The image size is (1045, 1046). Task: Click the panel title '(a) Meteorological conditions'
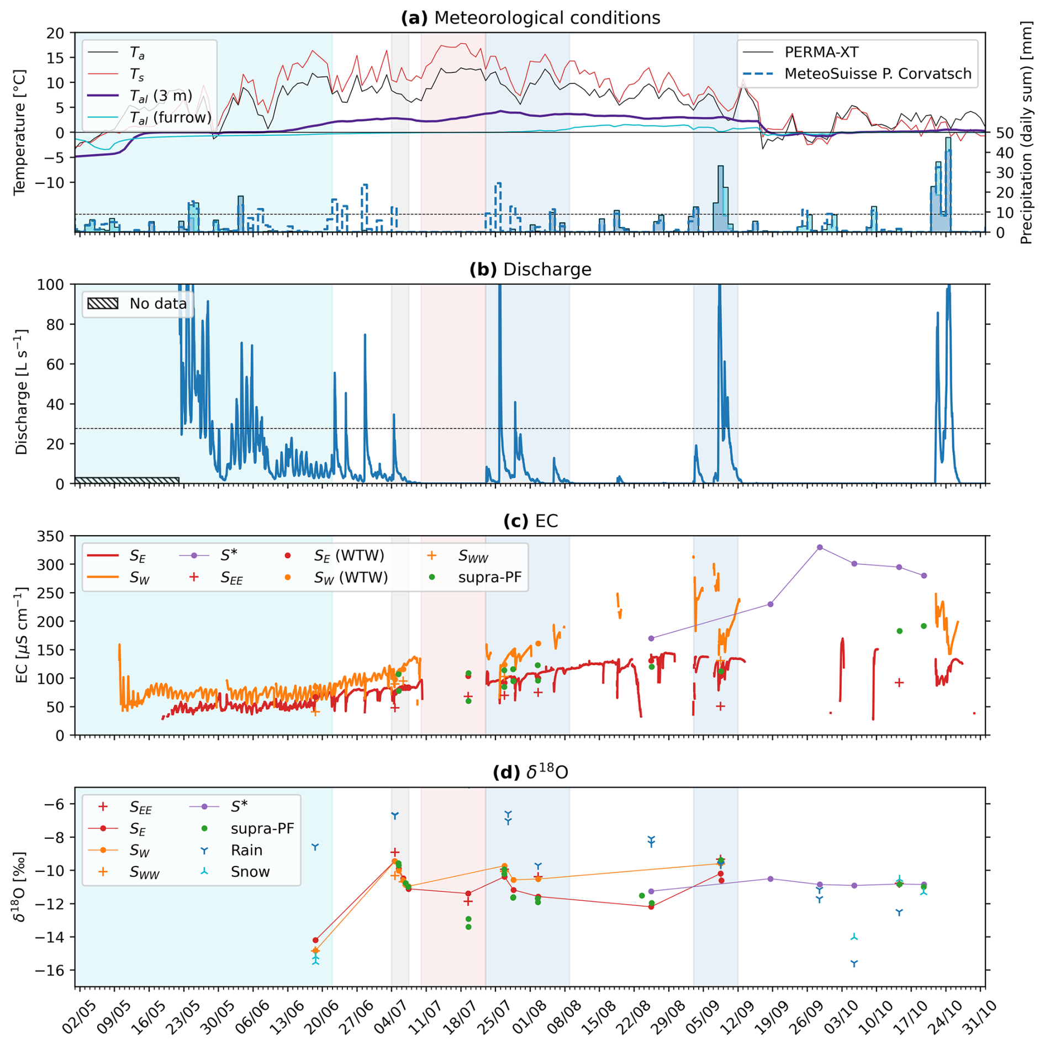pyautogui.click(x=530, y=18)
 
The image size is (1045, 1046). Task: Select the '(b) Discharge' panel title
pyautogui.click(x=530, y=270)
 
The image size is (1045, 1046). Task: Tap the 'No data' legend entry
pyautogui.click(x=158, y=304)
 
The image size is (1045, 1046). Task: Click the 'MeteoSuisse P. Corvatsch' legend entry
pyautogui.click(x=877, y=74)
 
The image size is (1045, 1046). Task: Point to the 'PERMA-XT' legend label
pyautogui.click(x=821, y=52)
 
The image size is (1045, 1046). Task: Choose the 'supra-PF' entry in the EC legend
pyautogui.click(x=489, y=577)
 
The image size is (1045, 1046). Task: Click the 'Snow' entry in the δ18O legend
pyautogui.click(x=250, y=872)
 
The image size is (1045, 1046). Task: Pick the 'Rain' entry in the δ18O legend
pyautogui.click(x=246, y=850)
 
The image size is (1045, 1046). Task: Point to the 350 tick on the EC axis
pyautogui.click(x=51, y=536)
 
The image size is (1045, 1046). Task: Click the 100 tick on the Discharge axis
pyautogui.click(x=51, y=285)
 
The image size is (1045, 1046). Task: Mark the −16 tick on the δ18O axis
pyautogui.click(x=54, y=970)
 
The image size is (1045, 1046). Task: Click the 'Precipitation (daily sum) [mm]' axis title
pyautogui.click(x=1026, y=133)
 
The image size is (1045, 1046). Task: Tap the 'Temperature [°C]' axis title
pyautogui.click(x=20, y=133)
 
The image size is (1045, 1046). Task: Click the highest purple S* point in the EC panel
pyautogui.click(x=820, y=547)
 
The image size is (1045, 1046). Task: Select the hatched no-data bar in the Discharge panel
pyautogui.click(x=127, y=480)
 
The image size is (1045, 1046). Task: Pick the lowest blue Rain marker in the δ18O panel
pyautogui.click(x=854, y=964)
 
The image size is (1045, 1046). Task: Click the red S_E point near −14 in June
pyautogui.click(x=315, y=940)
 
